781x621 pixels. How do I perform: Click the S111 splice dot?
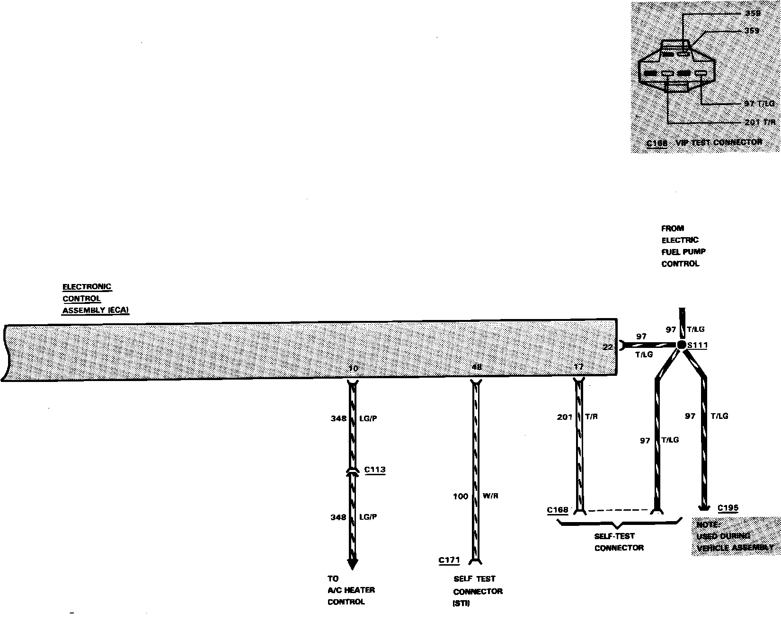681,345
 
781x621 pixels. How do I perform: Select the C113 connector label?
375,470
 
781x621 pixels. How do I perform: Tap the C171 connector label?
449,560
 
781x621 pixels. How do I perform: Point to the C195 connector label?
728,508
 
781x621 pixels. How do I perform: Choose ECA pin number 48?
477,367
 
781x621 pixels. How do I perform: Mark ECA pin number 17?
578,367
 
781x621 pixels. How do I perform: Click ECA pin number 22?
608,347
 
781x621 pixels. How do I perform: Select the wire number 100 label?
461,497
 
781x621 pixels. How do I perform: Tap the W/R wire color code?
491,497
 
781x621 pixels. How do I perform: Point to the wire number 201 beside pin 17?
565,417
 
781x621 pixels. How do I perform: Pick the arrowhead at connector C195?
704,508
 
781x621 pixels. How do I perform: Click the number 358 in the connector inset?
752,13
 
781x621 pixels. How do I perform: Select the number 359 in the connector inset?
752,31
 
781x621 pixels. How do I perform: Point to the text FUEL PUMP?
683,252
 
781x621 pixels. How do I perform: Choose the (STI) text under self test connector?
462,603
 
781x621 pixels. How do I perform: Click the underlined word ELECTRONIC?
87,287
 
